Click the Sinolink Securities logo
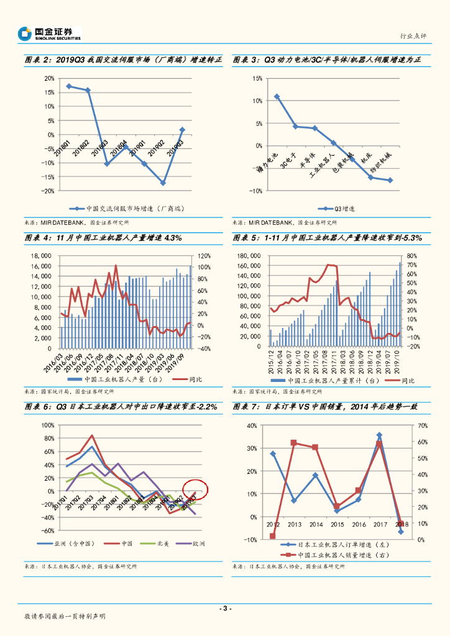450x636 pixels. pyautogui.click(x=50, y=34)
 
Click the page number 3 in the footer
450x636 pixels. pyautogui.click(x=226, y=608)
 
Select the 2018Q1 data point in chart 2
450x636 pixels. pyautogui.click(x=68, y=86)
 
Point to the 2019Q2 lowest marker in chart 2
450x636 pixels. pyautogui.click(x=163, y=183)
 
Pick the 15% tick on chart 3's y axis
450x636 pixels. pyautogui.click(x=257, y=78)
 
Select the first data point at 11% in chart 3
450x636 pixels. pyautogui.click(x=277, y=97)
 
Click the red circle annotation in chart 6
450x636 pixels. pyautogui.click(x=195, y=489)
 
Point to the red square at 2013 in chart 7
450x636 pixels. pyautogui.click(x=294, y=443)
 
